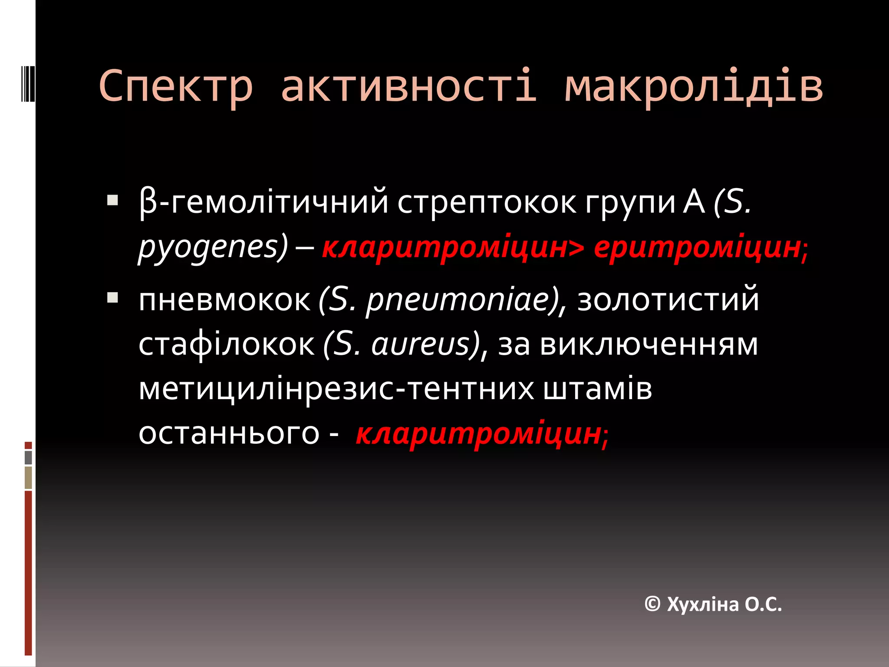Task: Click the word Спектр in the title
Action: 175,86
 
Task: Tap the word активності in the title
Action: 409,86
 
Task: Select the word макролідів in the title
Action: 693,86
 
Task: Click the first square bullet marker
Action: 113,201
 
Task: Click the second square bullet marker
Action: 113,297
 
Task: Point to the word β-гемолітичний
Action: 263,202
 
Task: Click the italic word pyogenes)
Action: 213,248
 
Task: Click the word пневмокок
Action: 224,300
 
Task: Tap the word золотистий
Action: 668,300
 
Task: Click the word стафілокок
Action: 226,344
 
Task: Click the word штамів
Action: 597,389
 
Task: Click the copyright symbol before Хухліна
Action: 652,604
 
